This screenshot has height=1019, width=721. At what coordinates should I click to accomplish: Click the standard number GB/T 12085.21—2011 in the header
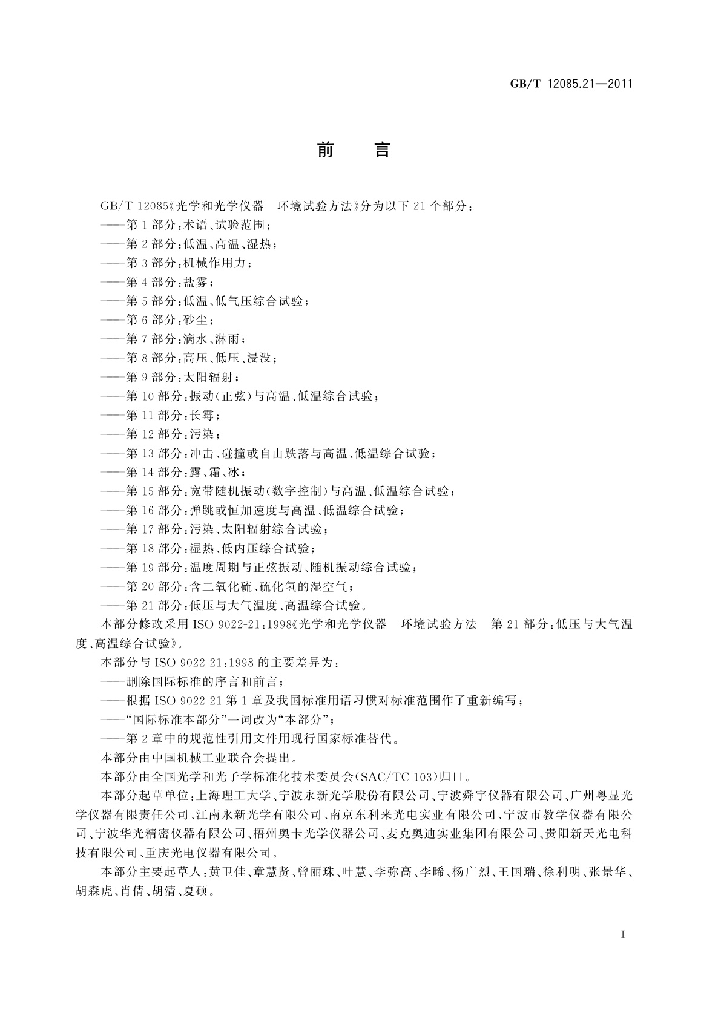click(571, 84)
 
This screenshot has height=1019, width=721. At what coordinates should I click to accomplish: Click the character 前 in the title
click(326, 150)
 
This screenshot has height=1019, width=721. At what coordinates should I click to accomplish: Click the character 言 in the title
click(382, 150)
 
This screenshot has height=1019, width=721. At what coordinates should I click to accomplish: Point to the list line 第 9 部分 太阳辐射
click(170, 377)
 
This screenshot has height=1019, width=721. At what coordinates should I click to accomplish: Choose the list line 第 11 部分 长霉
click(160, 415)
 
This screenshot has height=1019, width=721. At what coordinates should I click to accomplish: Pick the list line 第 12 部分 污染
click(160, 434)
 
